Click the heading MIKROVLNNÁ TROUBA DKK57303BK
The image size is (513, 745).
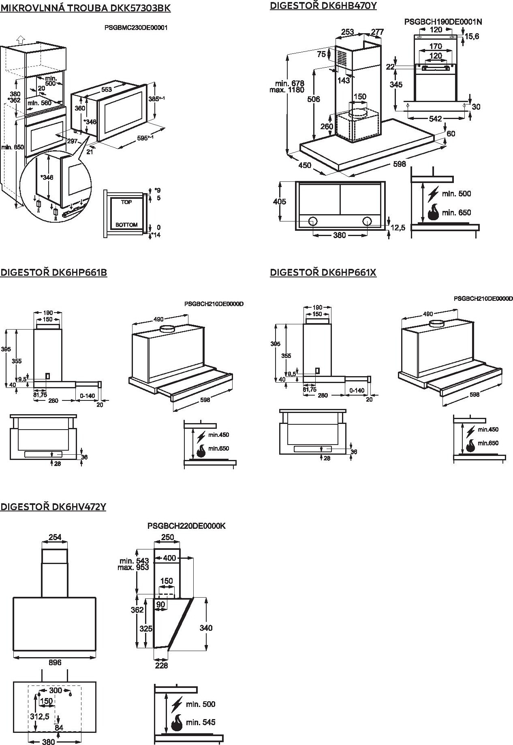85,8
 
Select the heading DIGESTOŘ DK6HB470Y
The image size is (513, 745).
323,6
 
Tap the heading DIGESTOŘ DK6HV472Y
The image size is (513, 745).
53,507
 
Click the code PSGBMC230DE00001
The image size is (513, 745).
136,28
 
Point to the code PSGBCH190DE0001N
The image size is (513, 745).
443,21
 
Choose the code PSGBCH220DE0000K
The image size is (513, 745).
186,526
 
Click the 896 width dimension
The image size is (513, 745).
55,662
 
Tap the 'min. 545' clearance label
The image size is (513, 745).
201,722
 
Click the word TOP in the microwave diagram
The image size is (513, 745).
126,202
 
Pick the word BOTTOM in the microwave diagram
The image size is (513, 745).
126,225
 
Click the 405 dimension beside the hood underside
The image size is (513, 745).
279,202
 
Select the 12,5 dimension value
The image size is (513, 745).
398,228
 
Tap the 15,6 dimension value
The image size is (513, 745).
472,36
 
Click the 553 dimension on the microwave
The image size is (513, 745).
107,89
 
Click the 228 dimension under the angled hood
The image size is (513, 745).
161,665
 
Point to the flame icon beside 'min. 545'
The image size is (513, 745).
177,722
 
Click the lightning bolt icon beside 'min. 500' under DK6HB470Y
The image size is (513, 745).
434,194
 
